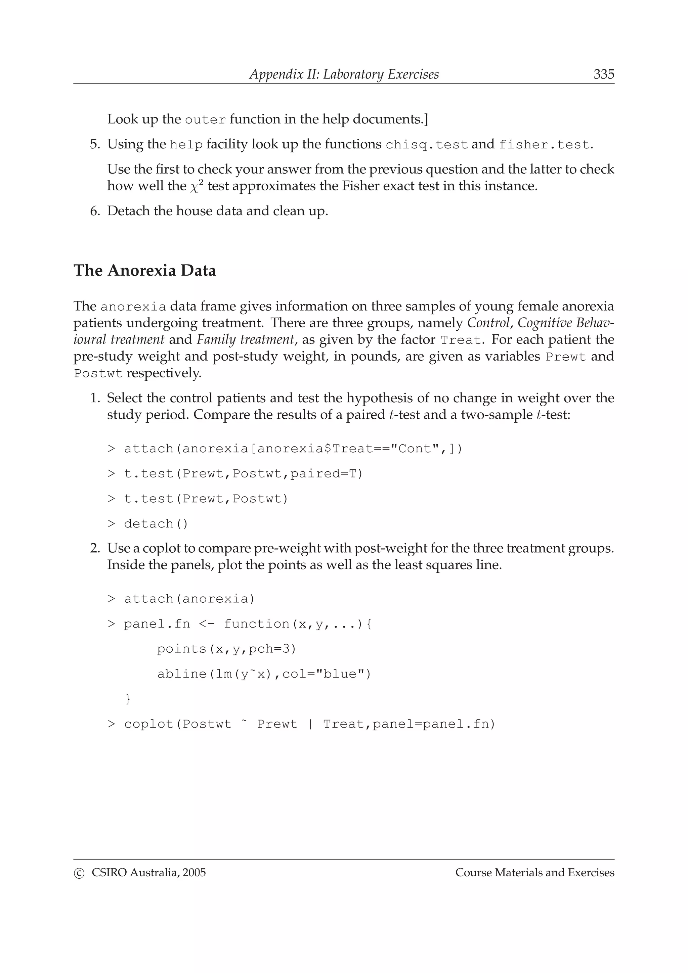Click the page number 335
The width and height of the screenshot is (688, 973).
(604, 74)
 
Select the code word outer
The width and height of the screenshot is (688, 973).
(205, 120)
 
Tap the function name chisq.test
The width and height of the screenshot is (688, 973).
(426, 145)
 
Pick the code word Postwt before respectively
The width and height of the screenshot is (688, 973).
(98, 374)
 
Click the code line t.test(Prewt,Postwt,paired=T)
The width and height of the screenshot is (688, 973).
(243, 473)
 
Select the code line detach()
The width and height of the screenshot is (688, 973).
(156, 524)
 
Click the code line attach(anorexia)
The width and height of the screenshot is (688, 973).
(189, 598)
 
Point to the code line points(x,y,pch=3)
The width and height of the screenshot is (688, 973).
(226, 649)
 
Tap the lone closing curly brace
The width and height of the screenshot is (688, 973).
(128, 699)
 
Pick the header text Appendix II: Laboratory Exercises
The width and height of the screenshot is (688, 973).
(344, 74)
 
